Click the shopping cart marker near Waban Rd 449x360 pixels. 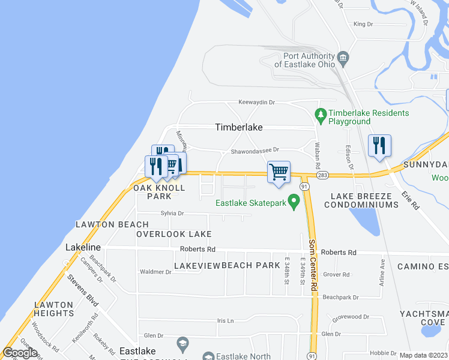[279, 172]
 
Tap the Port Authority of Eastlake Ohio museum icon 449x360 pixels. [343, 58]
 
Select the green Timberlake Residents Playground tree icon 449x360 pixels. [321, 113]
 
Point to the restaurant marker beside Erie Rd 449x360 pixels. [379, 145]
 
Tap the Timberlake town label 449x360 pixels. [248, 128]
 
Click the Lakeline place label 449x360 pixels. [83, 247]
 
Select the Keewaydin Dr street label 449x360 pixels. [256, 103]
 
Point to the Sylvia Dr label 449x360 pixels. [172, 214]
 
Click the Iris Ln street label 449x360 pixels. [225, 321]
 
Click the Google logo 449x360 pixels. [20, 353]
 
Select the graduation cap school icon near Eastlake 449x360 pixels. [182, 344]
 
